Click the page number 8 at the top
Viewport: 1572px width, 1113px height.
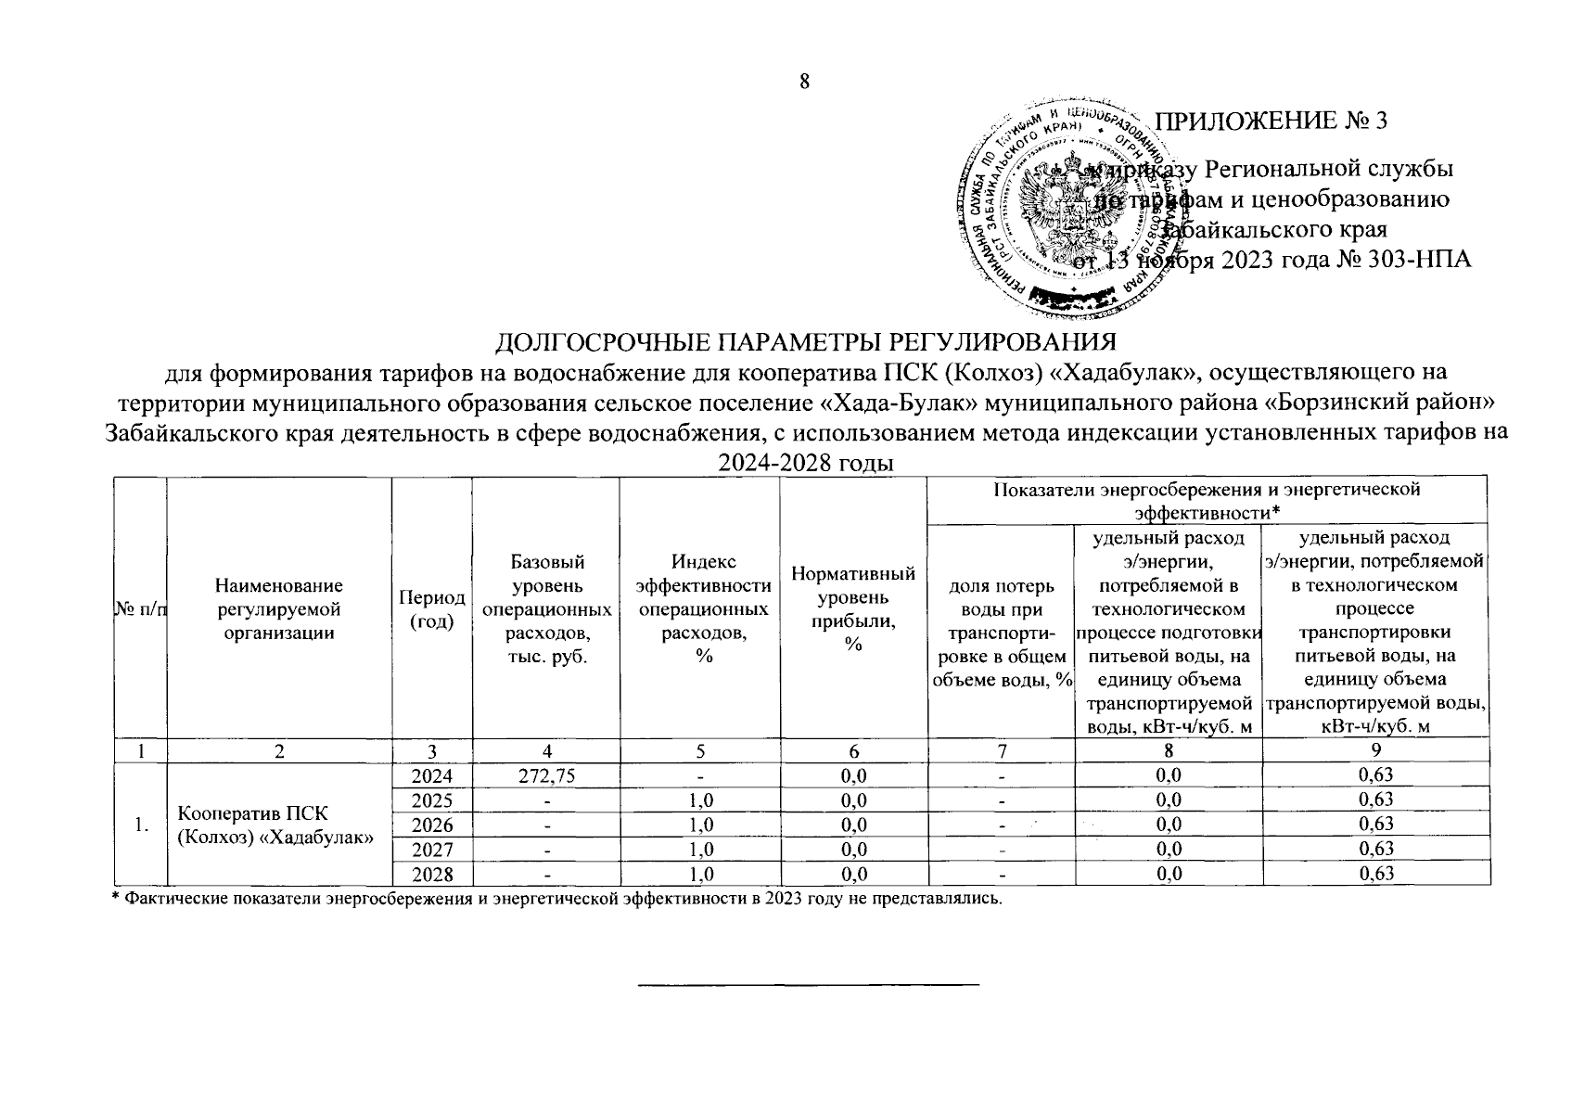click(x=804, y=82)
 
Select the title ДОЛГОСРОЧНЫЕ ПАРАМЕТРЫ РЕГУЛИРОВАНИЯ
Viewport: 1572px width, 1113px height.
click(x=804, y=342)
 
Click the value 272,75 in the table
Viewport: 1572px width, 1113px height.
click(x=545, y=774)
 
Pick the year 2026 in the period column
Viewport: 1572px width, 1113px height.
click(x=431, y=824)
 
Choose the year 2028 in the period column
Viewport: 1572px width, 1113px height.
click(x=431, y=873)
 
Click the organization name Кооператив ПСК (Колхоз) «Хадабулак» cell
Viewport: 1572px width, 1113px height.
click(x=275, y=825)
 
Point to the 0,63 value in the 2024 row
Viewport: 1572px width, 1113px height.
click(x=1375, y=774)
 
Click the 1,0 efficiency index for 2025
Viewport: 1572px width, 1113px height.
click(x=700, y=800)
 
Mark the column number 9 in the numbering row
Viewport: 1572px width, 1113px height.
click(x=1375, y=749)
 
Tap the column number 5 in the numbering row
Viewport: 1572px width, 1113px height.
click(x=700, y=749)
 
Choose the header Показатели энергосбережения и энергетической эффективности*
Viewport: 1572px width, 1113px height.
click(x=1207, y=499)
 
